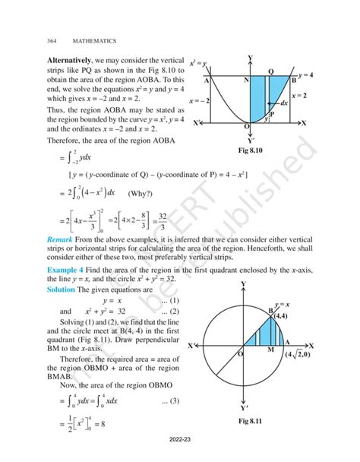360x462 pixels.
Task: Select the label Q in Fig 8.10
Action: pos(271,71)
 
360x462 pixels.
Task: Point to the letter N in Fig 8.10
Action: pos(248,80)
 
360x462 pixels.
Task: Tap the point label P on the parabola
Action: pos(271,112)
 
